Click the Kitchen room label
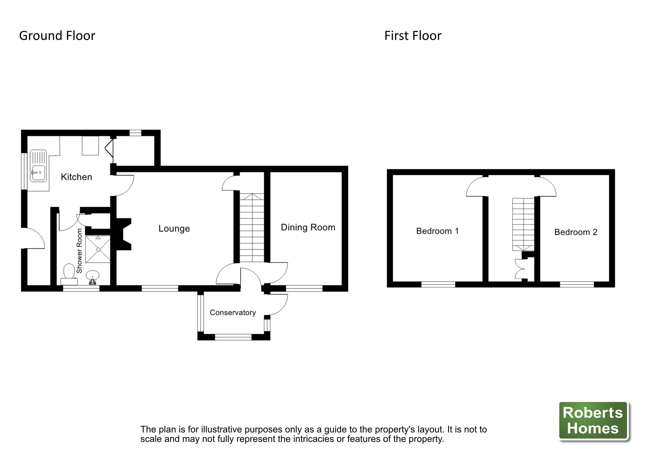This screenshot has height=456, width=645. click(x=76, y=177)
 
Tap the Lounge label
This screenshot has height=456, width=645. click(x=174, y=229)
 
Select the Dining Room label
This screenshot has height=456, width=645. click(x=308, y=227)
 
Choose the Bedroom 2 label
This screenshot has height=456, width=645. click(x=576, y=232)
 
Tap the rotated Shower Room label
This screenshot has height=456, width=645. click(x=79, y=251)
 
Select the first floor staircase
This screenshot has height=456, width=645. click(x=523, y=224)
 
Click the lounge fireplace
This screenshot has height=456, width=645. click(x=124, y=234)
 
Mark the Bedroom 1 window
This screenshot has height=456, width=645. click(x=438, y=285)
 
